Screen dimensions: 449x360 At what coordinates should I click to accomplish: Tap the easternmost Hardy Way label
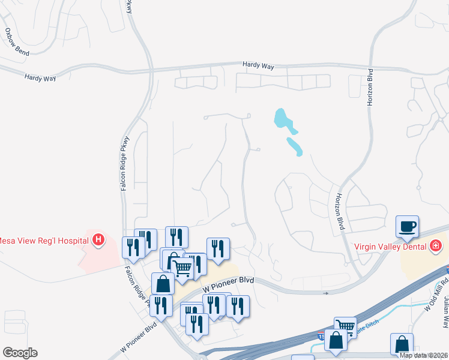point(258,65)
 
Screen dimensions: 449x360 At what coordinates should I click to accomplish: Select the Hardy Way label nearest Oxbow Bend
point(40,77)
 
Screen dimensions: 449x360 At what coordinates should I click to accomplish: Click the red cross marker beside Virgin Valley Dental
point(436,245)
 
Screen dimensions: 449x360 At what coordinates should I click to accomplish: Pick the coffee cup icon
point(407,226)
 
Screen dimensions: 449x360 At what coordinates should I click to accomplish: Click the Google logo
point(19,353)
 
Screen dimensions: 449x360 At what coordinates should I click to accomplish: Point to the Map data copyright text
point(424,355)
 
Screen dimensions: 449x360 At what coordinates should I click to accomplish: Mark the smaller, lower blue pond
point(294,146)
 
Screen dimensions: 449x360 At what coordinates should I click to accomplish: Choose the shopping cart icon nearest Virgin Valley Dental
point(345,327)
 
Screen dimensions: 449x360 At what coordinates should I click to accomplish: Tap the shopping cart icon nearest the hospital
point(182,265)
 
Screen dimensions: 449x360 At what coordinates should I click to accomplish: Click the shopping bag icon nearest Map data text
point(402,344)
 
